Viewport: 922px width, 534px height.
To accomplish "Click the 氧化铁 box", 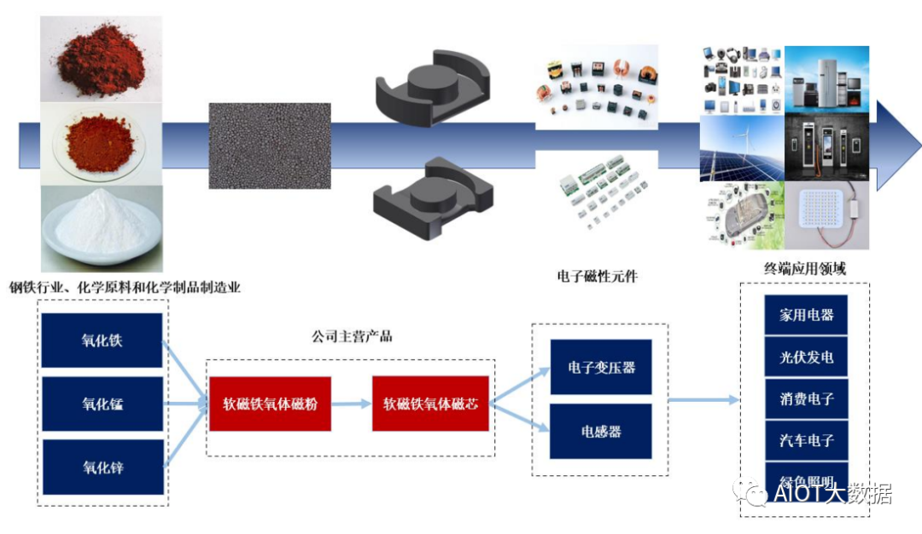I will click(x=102, y=340).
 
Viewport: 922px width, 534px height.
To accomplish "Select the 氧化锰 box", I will click(x=102, y=403).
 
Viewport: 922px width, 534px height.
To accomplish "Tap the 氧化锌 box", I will click(x=102, y=467).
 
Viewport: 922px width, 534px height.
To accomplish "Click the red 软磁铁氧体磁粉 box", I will click(x=270, y=403).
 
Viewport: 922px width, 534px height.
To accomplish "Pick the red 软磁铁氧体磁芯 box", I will click(x=430, y=403).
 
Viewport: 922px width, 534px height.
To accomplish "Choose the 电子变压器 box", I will click(x=600, y=367).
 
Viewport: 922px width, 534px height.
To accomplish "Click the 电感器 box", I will click(x=600, y=432).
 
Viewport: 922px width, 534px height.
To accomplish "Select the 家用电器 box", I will click(x=806, y=315).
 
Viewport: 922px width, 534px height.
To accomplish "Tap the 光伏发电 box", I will click(x=806, y=357).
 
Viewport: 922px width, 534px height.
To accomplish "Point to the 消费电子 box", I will click(x=806, y=398).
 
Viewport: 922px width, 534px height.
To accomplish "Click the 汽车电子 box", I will click(x=806, y=441).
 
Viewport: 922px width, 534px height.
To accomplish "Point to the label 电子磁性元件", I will click(x=597, y=276).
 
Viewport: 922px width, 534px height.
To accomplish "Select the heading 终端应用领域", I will click(x=805, y=269).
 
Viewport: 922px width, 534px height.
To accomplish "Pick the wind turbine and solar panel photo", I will click(x=741, y=148).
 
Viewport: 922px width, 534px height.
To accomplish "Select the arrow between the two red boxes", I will click(x=351, y=403).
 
